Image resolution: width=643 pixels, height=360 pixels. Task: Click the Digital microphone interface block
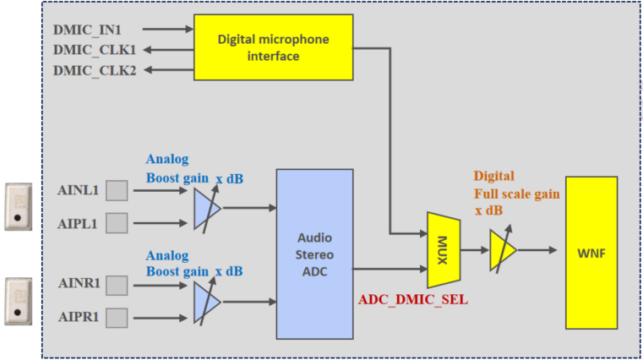274,47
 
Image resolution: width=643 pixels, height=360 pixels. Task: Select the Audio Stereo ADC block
314,254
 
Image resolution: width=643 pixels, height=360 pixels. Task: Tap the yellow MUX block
443,250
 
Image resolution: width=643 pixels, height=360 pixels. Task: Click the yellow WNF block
597,252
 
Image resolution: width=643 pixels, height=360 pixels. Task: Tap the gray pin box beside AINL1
117,190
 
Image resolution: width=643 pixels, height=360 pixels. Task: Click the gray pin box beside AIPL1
117,222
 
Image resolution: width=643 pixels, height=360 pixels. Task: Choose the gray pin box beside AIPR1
117,317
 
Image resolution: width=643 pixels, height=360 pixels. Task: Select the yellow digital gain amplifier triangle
501,250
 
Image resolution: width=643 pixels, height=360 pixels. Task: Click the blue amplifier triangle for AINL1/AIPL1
205,207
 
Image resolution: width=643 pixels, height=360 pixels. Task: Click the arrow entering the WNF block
541,250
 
